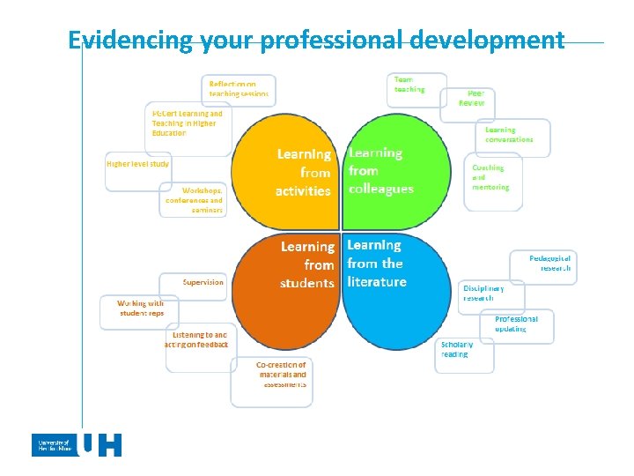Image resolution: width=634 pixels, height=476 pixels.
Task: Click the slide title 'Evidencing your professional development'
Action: [x=316, y=41]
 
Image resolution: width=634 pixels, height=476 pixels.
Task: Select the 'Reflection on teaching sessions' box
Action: [x=239, y=88]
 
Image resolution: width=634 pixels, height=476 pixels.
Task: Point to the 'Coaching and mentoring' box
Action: [x=494, y=179]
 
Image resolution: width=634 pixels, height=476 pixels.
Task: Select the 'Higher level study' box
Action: [x=138, y=167]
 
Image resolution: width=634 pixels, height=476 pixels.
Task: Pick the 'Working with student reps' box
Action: [x=139, y=310]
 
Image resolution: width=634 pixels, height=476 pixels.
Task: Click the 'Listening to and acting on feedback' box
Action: [x=199, y=344]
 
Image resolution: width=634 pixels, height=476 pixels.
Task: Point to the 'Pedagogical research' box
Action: [x=545, y=265]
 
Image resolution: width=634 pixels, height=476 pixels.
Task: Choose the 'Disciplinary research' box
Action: [x=491, y=295]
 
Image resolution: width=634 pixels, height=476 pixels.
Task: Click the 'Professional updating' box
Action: [x=521, y=324]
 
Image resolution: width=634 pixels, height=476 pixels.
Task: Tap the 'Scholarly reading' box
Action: [x=464, y=353]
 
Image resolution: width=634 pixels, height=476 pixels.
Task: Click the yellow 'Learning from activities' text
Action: [x=303, y=172]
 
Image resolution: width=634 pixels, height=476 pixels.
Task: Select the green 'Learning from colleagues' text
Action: [x=380, y=171]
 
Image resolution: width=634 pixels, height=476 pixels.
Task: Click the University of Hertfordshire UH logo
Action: [x=77, y=445]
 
